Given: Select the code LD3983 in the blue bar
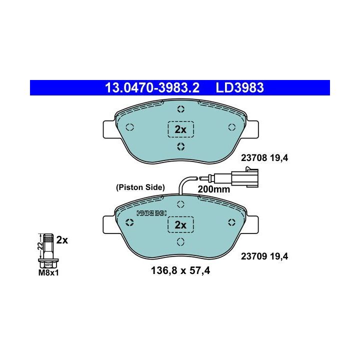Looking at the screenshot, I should [240, 88].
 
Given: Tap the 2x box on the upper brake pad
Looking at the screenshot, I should [180, 129].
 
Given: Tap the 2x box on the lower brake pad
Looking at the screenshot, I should [180, 225].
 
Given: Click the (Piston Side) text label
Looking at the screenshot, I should [140, 187].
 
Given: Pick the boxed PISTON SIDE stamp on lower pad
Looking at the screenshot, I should [151, 213].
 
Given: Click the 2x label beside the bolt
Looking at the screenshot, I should [62, 239].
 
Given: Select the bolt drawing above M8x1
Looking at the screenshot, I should [48, 250].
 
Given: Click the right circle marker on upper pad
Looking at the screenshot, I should [231, 127].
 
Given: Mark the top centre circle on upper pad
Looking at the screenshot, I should [180, 110].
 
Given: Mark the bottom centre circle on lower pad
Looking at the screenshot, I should [180, 242].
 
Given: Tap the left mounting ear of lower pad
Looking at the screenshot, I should [108, 223].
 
